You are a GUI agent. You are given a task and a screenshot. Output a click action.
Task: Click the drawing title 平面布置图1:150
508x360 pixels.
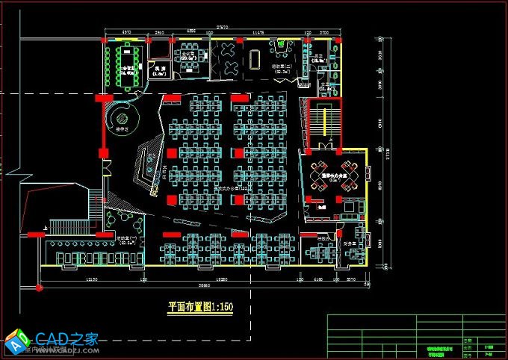199,306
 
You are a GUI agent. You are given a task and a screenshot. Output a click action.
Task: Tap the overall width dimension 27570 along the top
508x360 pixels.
223,28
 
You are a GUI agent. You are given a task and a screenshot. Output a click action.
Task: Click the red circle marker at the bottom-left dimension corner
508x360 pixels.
36,286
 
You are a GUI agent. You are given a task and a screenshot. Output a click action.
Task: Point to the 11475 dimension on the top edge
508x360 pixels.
258,33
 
